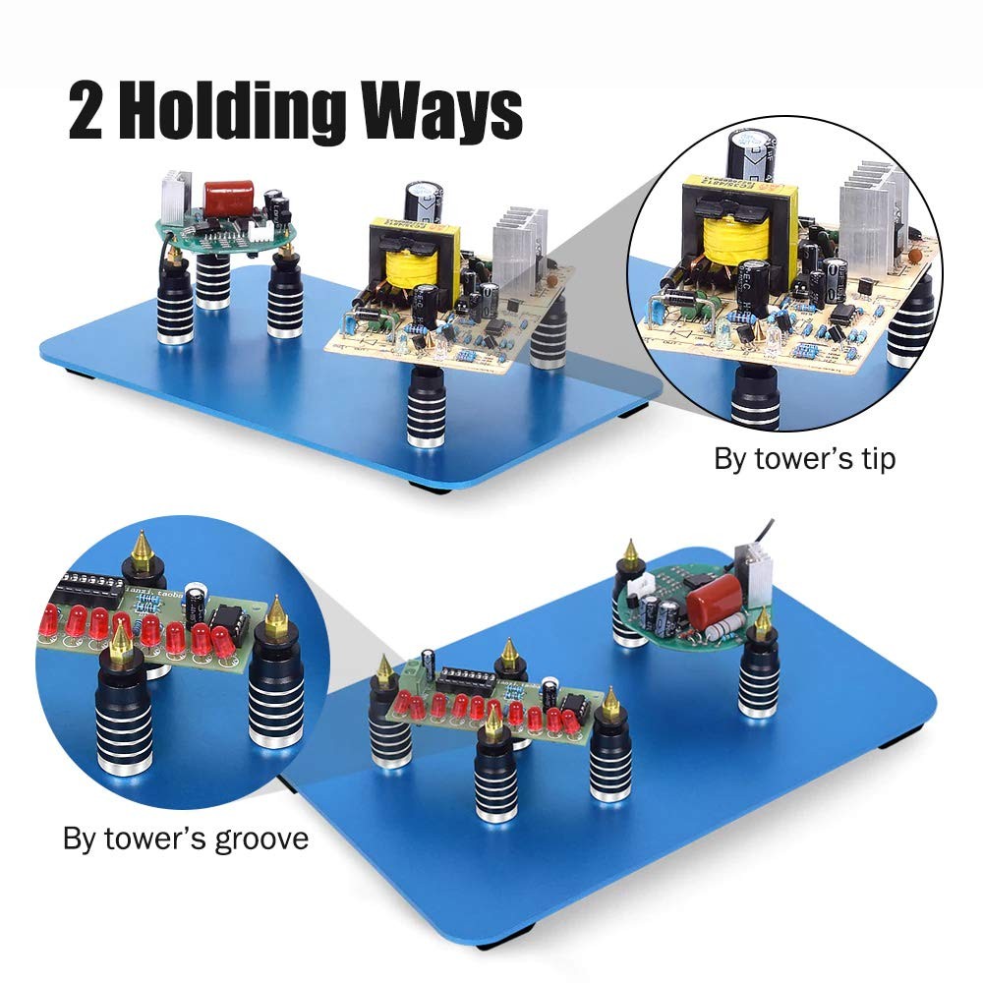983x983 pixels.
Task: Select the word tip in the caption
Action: (x=875, y=460)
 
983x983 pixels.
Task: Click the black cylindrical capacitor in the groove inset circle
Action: (x=199, y=602)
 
